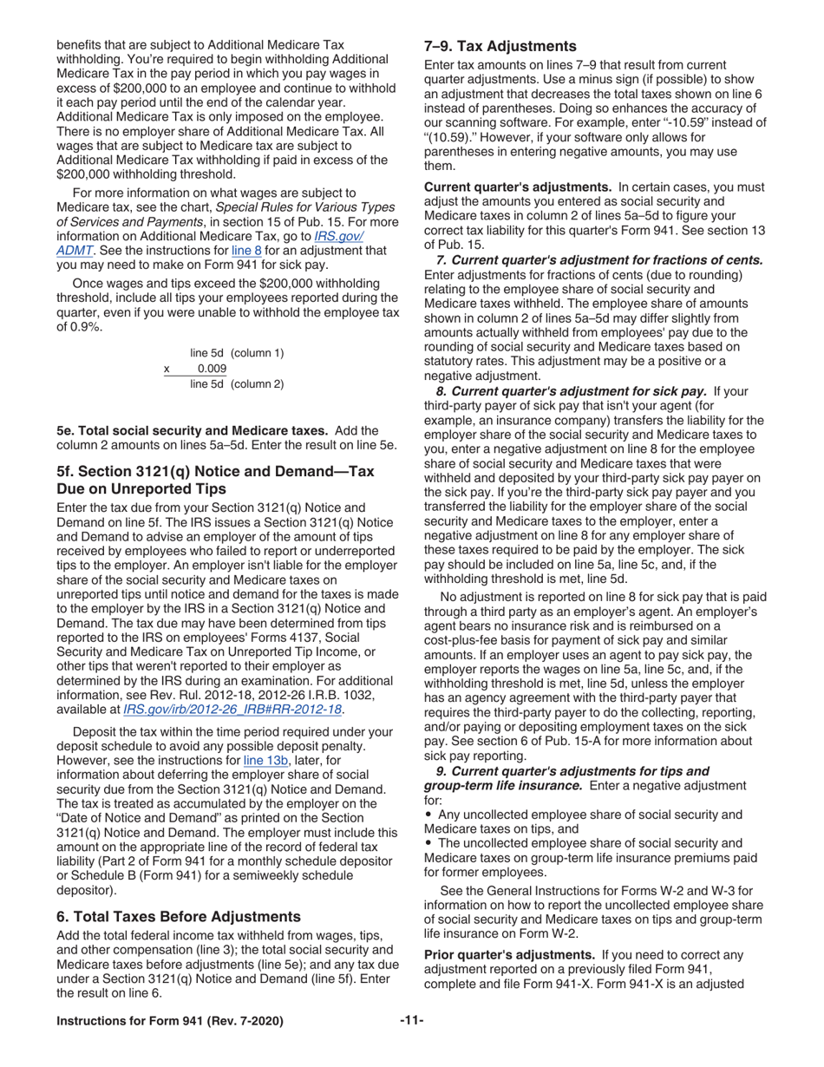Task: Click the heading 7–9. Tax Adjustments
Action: [x=500, y=46]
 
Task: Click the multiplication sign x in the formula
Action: [x=167, y=369]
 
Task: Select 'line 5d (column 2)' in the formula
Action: [x=236, y=383]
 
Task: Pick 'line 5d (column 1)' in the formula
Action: [x=236, y=353]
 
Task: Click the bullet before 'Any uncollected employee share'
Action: [x=428, y=815]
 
